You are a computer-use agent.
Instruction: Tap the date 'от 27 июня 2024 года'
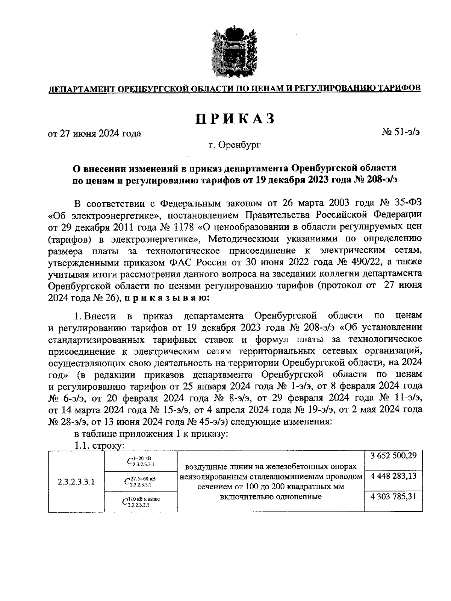pyautogui.click(x=94, y=134)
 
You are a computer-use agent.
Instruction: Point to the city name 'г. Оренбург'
pyautogui.click(x=235, y=145)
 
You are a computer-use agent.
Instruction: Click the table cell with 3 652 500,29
pyautogui.click(x=393, y=456)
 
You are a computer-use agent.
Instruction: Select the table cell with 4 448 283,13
pyautogui.click(x=393, y=476)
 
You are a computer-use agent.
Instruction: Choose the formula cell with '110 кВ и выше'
pyautogui.click(x=141, y=502)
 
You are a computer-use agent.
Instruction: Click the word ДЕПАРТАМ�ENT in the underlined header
pyautogui.click(x=81, y=88)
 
